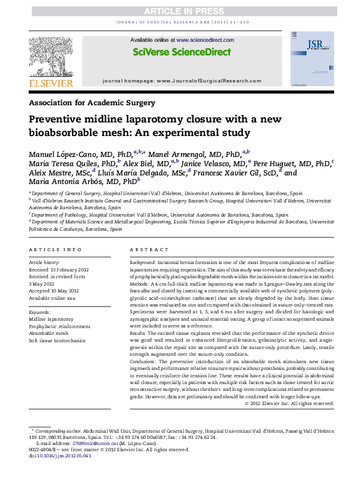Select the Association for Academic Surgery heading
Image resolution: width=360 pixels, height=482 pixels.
coord(92,102)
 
